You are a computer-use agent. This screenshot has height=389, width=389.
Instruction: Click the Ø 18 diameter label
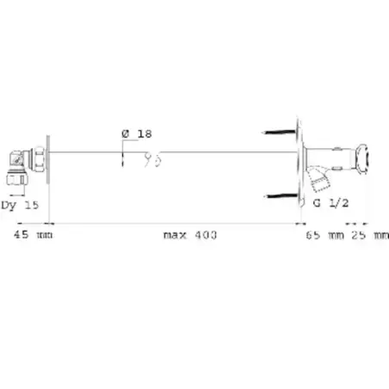137,133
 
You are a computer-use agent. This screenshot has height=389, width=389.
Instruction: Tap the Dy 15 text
20,205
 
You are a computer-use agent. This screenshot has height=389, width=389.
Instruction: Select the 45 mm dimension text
33,235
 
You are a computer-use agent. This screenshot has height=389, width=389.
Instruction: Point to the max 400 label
190,235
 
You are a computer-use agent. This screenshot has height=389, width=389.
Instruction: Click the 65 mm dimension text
324,235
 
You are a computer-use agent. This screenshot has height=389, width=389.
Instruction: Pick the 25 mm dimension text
370,235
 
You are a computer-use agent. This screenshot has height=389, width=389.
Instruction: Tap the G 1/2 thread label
330,203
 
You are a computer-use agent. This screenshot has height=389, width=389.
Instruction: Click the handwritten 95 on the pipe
152,159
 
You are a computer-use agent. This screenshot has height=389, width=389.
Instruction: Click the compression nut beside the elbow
38,159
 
